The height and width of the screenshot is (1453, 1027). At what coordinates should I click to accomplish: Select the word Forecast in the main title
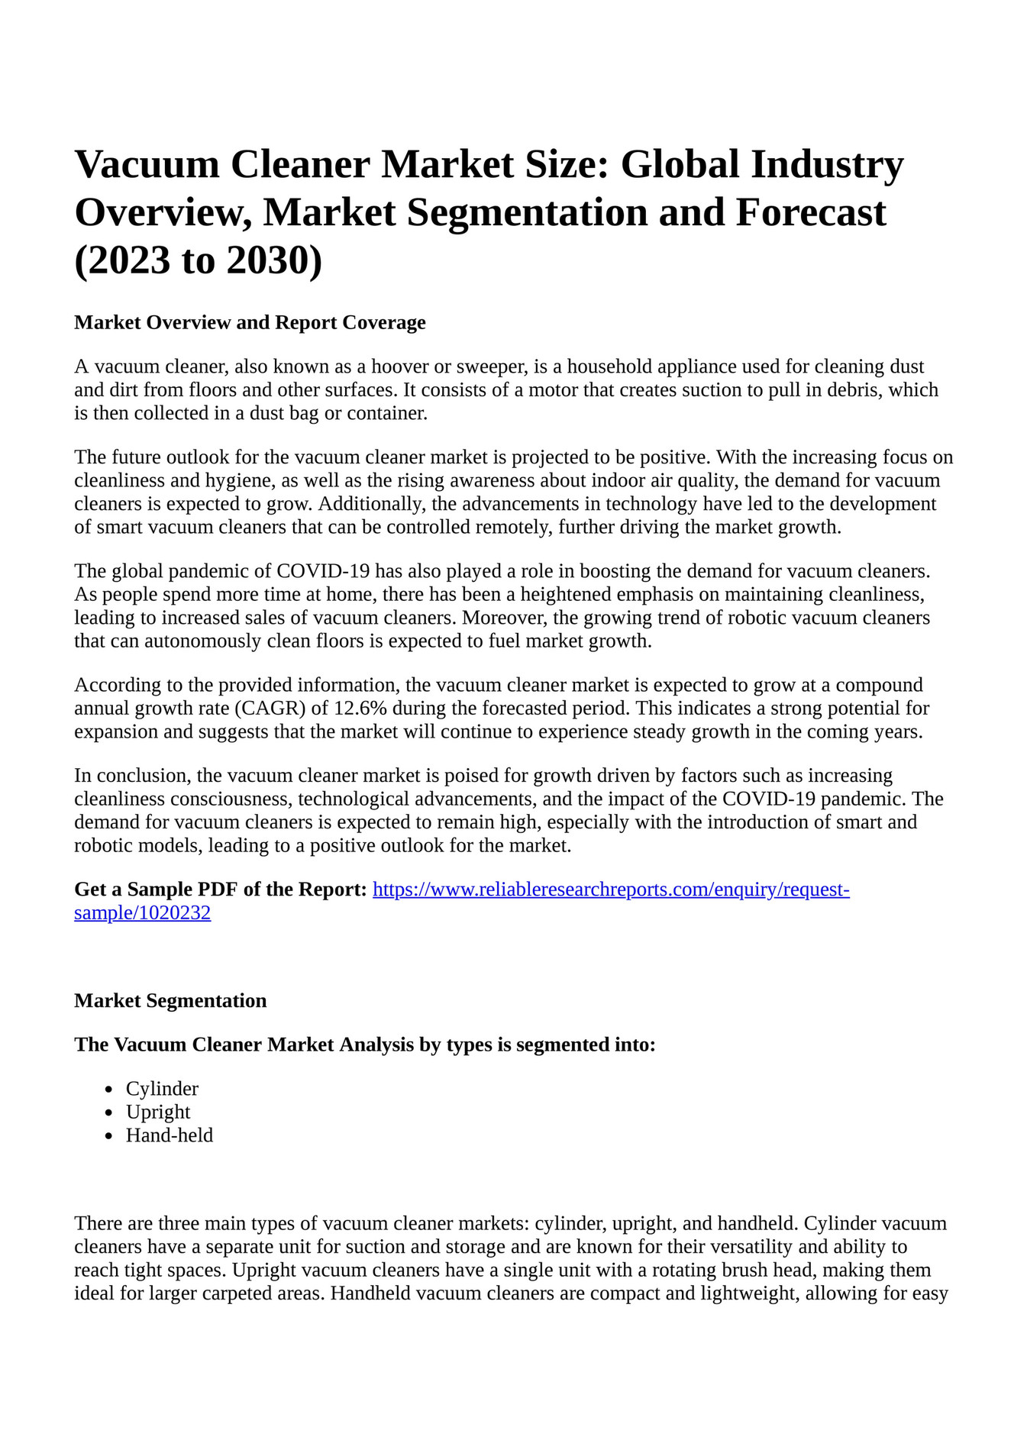coord(811,213)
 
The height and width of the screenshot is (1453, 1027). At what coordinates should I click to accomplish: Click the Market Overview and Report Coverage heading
coord(250,323)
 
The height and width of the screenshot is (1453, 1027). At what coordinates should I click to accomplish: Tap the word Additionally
coord(373,504)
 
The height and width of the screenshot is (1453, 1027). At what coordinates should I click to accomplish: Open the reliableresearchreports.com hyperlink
coord(610,890)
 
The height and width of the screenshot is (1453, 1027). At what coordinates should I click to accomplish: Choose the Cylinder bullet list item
coord(162,1089)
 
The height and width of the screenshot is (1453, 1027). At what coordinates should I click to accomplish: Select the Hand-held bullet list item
coord(170,1135)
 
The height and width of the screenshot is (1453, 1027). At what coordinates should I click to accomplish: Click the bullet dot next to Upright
coord(110,1113)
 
